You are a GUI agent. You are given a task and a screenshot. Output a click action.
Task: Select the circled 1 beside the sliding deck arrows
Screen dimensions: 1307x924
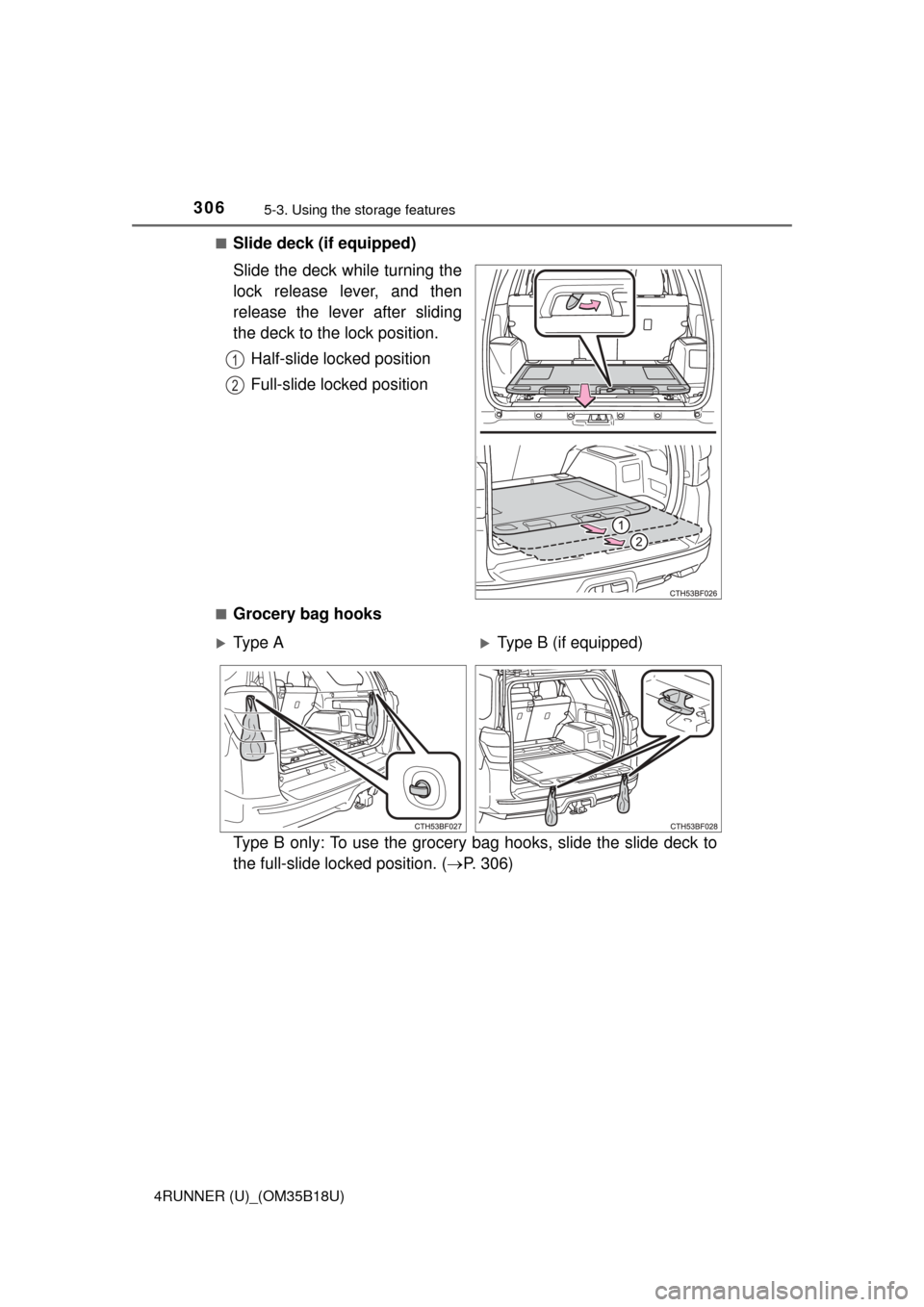[623, 525]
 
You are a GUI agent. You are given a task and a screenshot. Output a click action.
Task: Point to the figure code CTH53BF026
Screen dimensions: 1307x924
[692, 595]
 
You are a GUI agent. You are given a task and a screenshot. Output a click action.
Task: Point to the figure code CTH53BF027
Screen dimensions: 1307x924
[439, 826]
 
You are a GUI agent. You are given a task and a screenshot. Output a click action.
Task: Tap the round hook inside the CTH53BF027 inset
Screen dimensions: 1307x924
[421, 791]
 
